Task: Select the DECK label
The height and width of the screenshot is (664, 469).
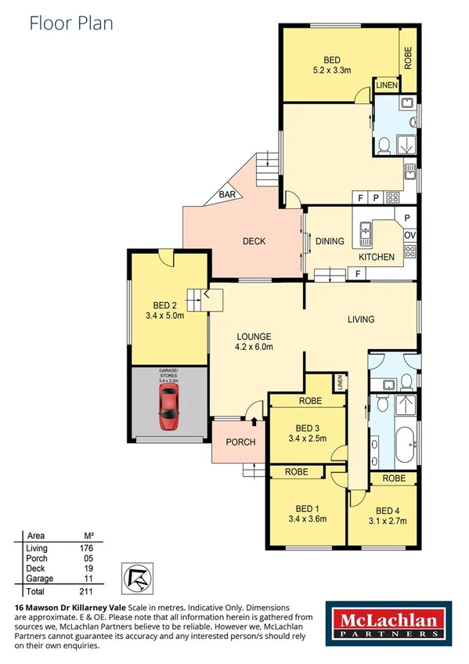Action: pyautogui.click(x=254, y=241)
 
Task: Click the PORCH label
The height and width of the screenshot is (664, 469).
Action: pyautogui.click(x=240, y=442)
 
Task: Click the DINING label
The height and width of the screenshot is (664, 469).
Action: pyautogui.click(x=330, y=241)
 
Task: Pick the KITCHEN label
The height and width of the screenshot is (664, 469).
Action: pyautogui.click(x=377, y=257)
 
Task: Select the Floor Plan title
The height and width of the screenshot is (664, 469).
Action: pyautogui.click(x=71, y=23)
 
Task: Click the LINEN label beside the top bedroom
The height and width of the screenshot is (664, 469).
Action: pyautogui.click(x=386, y=85)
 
